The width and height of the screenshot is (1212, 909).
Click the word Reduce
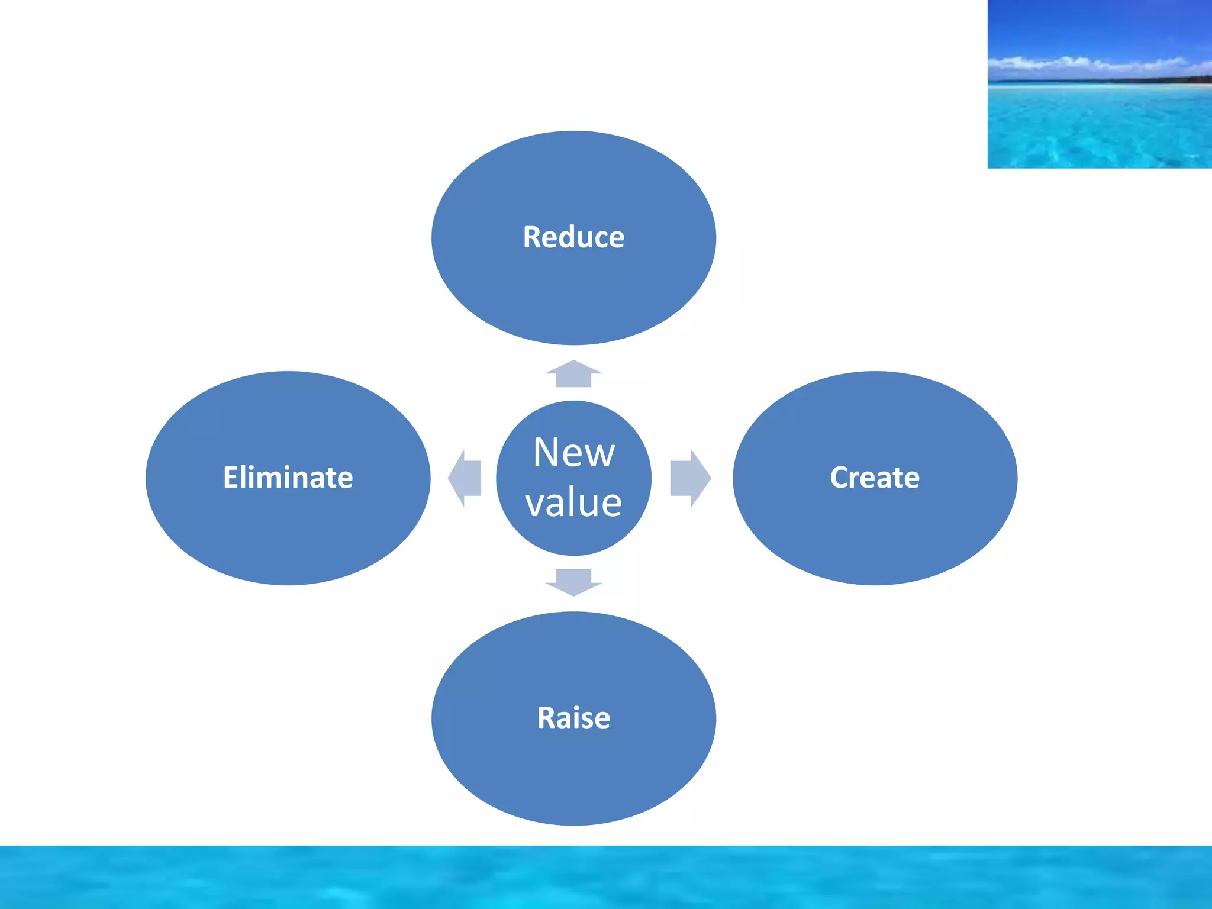click(x=573, y=237)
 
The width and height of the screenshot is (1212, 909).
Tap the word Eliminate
click(x=288, y=478)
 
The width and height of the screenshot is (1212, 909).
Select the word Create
click(x=874, y=478)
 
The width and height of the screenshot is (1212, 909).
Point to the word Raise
click(x=573, y=718)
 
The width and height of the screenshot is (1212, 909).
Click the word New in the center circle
click(x=573, y=453)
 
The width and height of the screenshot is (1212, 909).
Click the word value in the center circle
click(x=573, y=502)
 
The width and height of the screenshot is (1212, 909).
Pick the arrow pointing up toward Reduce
click(x=573, y=374)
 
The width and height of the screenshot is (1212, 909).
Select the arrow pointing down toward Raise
click(x=573, y=582)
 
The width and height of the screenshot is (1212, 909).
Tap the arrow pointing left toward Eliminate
click(x=465, y=478)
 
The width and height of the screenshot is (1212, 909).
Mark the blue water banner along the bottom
click(x=606, y=877)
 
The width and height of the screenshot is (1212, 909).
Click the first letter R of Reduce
click(x=532, y=237)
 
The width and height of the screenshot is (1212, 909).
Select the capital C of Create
click(x=839, y=478)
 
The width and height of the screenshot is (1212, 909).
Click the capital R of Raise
click(x=546, y=718)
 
